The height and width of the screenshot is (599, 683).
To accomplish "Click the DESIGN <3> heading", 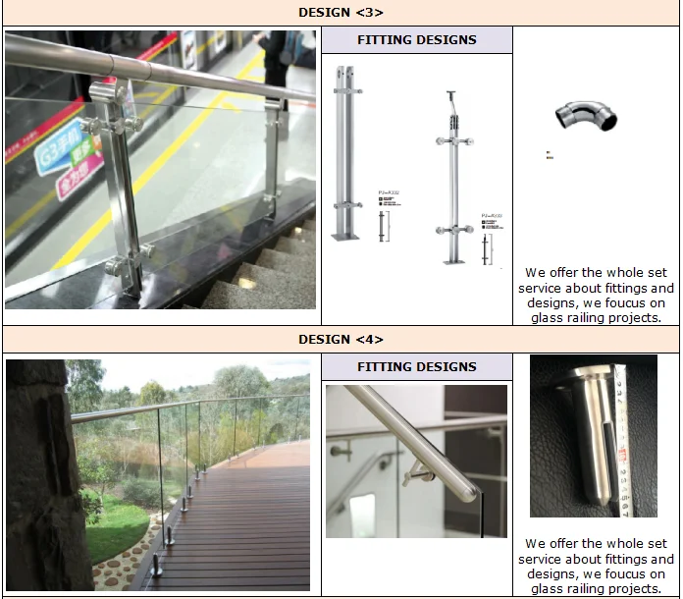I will point(341,13).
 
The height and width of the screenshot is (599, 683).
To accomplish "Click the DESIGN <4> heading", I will point(341,340).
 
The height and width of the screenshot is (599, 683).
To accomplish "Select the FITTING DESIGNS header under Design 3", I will point(417,40).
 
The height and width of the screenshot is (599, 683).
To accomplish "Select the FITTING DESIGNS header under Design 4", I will point(417,367).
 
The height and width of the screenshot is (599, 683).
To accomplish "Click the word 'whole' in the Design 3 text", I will point(614,273).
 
